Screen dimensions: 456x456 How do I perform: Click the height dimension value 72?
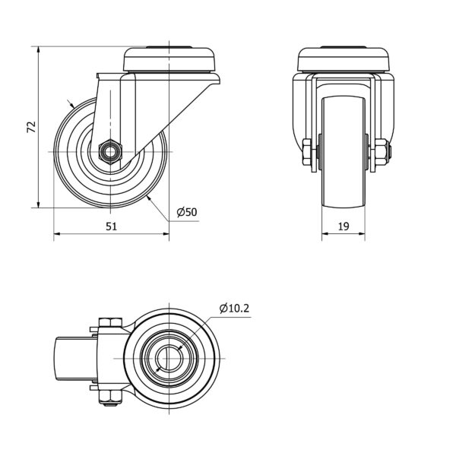[31, 127]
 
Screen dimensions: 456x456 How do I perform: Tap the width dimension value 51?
[111, 226]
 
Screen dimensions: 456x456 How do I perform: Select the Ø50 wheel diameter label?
[187, 212]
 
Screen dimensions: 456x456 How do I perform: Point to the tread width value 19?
[344, 226]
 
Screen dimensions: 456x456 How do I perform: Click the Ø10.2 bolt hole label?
[234, 308]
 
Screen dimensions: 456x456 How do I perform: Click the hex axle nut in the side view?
[110, 152]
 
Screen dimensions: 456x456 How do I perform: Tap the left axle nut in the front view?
[307, 152]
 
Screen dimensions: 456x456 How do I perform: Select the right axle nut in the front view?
[382, 152]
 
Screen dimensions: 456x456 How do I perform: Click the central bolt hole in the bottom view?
[169, 358]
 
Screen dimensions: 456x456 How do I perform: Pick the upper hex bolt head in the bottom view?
[110, 322]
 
